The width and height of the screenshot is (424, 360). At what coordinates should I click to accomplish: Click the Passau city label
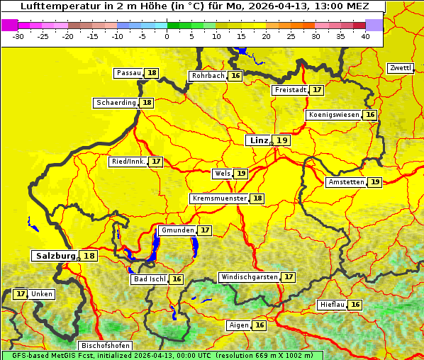[x=128, y=73]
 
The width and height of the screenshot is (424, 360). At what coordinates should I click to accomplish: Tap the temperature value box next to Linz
[x=282, y=140]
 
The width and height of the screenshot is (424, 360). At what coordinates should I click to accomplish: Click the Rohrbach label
[x=208, y=76]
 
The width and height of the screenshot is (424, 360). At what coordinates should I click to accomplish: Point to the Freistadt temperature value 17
[x=317, y=90]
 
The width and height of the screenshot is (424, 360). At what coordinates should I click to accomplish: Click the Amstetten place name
[x=346, y=182]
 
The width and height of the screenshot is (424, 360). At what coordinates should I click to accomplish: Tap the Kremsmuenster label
[x=219, y=198]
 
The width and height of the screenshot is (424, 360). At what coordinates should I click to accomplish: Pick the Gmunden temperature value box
[x=205, y=230]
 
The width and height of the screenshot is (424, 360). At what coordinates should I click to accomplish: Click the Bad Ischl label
[x=149, y=279]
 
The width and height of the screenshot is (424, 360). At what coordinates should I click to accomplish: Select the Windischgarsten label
[x=249, y=277]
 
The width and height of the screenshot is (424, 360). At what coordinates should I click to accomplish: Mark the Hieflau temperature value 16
[x=355, y=305]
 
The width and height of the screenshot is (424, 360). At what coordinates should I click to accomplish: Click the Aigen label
[x=238, y=325]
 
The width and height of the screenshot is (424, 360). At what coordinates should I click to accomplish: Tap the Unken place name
[x=42, y=294]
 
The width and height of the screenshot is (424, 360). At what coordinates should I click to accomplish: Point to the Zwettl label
[x=401, y=68]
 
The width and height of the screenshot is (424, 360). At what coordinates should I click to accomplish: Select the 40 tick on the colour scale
[x=365, y=36]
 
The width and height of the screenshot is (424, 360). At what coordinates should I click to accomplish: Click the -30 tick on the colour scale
[x=18, y=36]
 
